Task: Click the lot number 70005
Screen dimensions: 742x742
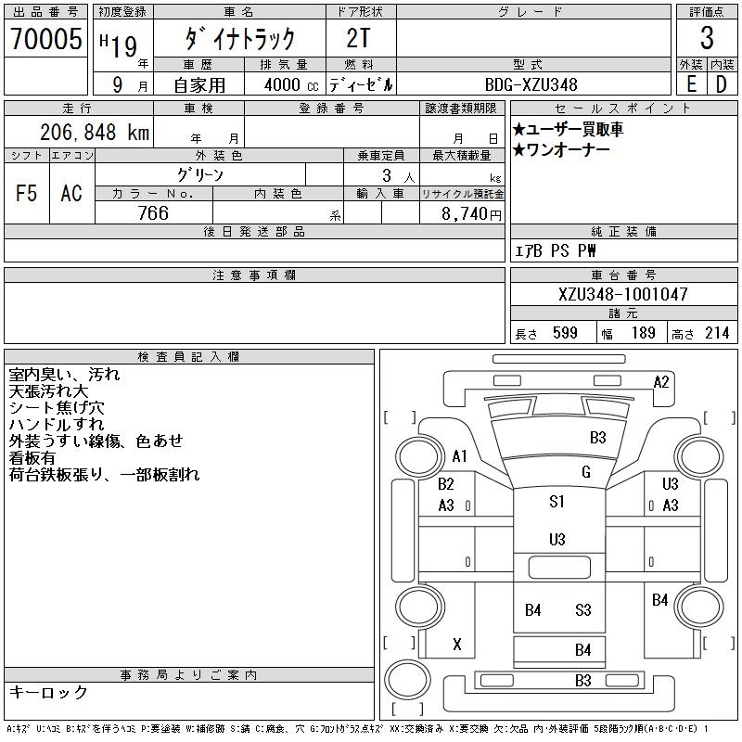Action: coord(46,39)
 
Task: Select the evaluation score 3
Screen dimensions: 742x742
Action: coord(707,39)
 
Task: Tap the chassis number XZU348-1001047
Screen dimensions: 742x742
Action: coord(623,294)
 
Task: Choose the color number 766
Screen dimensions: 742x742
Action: coord(153,213)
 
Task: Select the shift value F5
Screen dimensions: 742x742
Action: coord(27,194)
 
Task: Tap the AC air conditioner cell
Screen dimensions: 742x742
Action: coord(71,194)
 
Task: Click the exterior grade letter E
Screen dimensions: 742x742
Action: coord(691,84)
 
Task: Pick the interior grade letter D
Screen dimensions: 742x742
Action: coord(721,84)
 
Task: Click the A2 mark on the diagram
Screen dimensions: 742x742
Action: coord(661,381)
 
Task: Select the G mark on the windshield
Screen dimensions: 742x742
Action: coord(585,472)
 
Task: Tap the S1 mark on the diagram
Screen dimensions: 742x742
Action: coord(556,502)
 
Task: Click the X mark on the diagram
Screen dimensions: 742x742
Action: coord(456,644)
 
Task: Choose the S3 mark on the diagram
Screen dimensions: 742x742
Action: coord(582,610)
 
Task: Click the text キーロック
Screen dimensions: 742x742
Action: coord(48,692)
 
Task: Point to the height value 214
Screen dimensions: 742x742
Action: coord(716,333)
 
